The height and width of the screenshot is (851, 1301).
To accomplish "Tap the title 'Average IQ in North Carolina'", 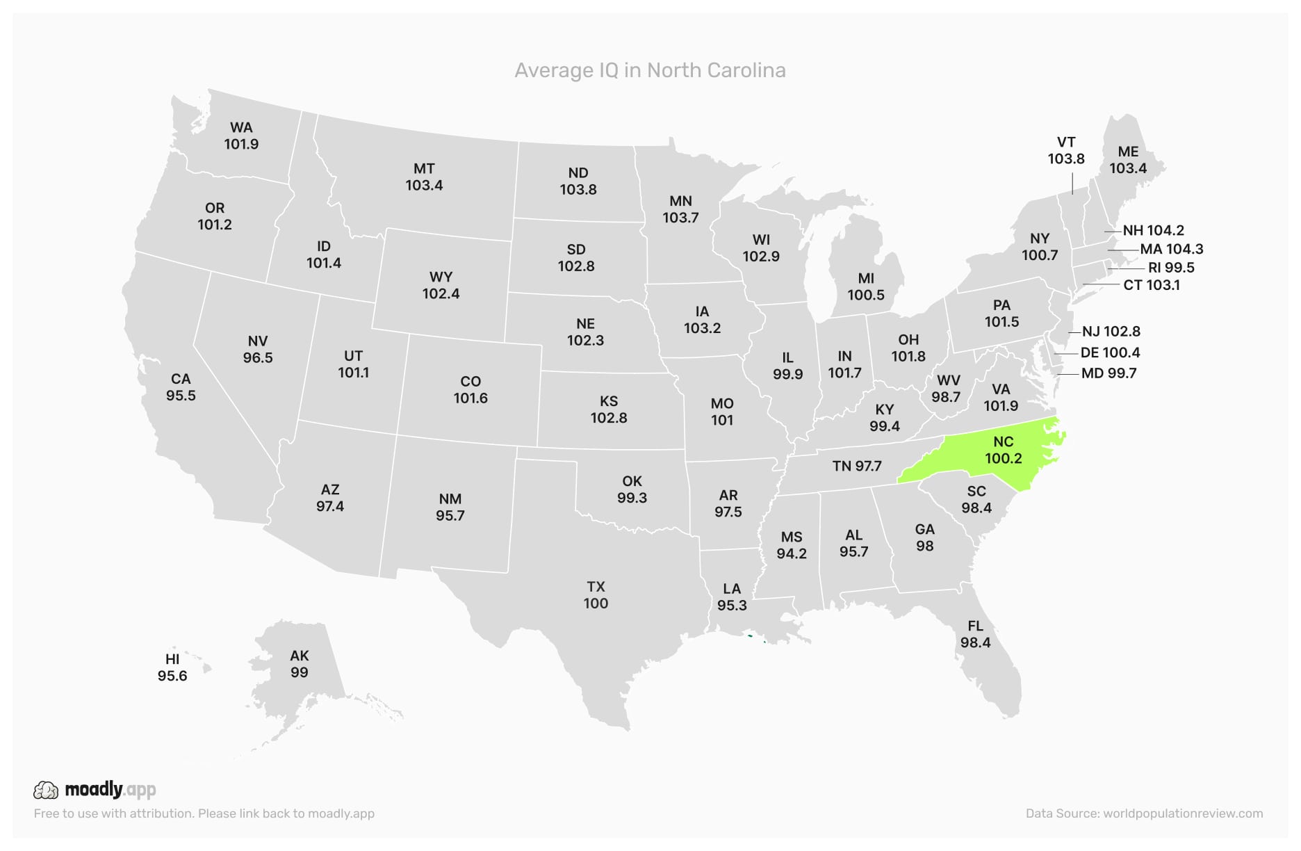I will (650, 70).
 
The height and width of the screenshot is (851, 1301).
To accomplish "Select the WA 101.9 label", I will (241, 136).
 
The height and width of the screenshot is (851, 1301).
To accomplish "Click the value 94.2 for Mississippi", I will (792, 553).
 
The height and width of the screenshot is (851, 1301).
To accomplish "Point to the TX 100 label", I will (596, 595).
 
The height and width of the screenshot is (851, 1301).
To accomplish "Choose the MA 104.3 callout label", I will (1171, 249).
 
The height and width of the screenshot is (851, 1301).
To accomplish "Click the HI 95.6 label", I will (172, 667).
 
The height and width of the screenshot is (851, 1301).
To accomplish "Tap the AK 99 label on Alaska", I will (299, 664).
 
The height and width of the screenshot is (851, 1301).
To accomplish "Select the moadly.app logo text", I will (110, 789).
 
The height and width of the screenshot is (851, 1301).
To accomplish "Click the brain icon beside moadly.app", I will (46, 790).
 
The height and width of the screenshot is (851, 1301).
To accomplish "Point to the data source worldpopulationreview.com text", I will (1144, 813).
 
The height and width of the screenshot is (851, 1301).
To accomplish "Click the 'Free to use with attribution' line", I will (204, 813).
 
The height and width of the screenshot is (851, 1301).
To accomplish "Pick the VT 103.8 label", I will (1065, 150).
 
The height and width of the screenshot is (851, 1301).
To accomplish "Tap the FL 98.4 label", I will (975, 634).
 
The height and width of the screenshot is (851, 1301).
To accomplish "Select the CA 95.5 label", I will (181, 387).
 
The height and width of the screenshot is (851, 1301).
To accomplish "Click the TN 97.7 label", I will (857, 466).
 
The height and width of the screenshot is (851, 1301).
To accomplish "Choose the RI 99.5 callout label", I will (1171, 268).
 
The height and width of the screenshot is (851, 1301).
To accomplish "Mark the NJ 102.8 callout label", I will (1111, 332).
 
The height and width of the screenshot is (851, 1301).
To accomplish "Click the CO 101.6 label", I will (471, 389).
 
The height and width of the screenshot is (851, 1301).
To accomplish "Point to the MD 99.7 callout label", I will (1108, 373).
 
